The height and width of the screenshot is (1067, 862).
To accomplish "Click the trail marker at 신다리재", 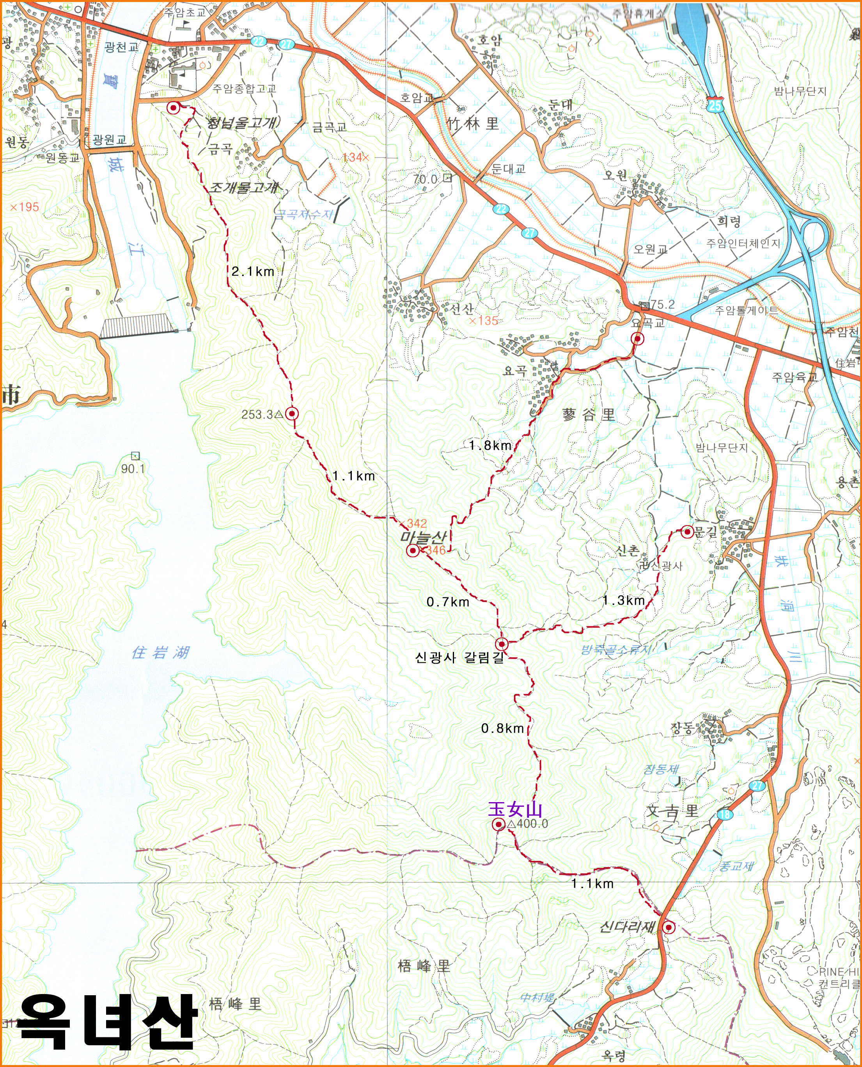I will click(x=669, y=927).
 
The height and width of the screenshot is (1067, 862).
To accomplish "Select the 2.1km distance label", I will click(x=253, y=272).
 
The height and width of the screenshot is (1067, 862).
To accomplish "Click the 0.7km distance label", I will click(x=448, y=602).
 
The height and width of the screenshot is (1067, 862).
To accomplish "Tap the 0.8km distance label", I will click(x=502, y=728).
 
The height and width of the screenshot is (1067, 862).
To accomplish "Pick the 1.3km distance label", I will click(x=623, y=601).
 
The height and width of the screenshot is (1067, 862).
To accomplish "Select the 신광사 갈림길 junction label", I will click(x=459, y=658).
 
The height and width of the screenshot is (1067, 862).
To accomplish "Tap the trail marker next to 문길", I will click(x=687, y=532).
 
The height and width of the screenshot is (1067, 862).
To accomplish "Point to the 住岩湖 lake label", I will click(x=160, y=652).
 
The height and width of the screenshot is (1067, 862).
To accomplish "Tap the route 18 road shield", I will click(x=724, y=814).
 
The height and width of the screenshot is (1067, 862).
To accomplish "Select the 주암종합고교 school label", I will click(x=244, y=89).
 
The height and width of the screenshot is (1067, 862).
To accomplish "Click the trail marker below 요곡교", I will click(x=637, y=339).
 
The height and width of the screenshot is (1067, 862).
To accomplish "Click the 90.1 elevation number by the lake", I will click(x=133, y=469).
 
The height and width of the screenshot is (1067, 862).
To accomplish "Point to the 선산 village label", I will click(x=462, y=309).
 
